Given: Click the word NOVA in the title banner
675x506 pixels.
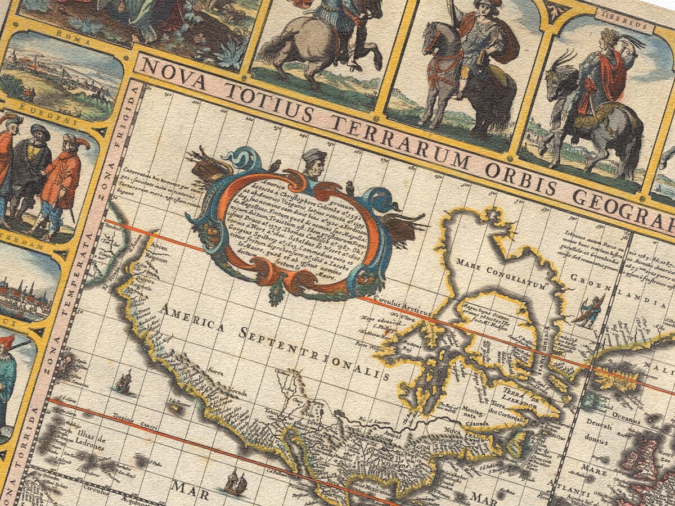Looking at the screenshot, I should (x=165, y=69).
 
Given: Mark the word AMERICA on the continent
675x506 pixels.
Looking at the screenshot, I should (x=191, y=317).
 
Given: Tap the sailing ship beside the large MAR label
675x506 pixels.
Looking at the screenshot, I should (x=235, y=482).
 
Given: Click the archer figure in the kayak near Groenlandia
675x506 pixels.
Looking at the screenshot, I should (x=588, y=311).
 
